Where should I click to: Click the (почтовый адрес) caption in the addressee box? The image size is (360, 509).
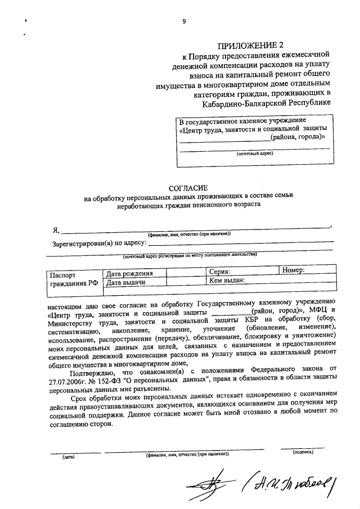(x=254, y=153)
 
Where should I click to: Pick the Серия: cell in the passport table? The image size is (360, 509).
(x=219, y=271)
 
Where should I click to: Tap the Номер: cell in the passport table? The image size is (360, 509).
(x=293, y=270)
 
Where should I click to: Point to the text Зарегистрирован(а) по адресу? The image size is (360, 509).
(x=99, y=244)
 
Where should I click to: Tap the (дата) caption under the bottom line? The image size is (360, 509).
(x=69, y=457)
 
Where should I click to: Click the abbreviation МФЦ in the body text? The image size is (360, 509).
(x=316, y=310)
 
